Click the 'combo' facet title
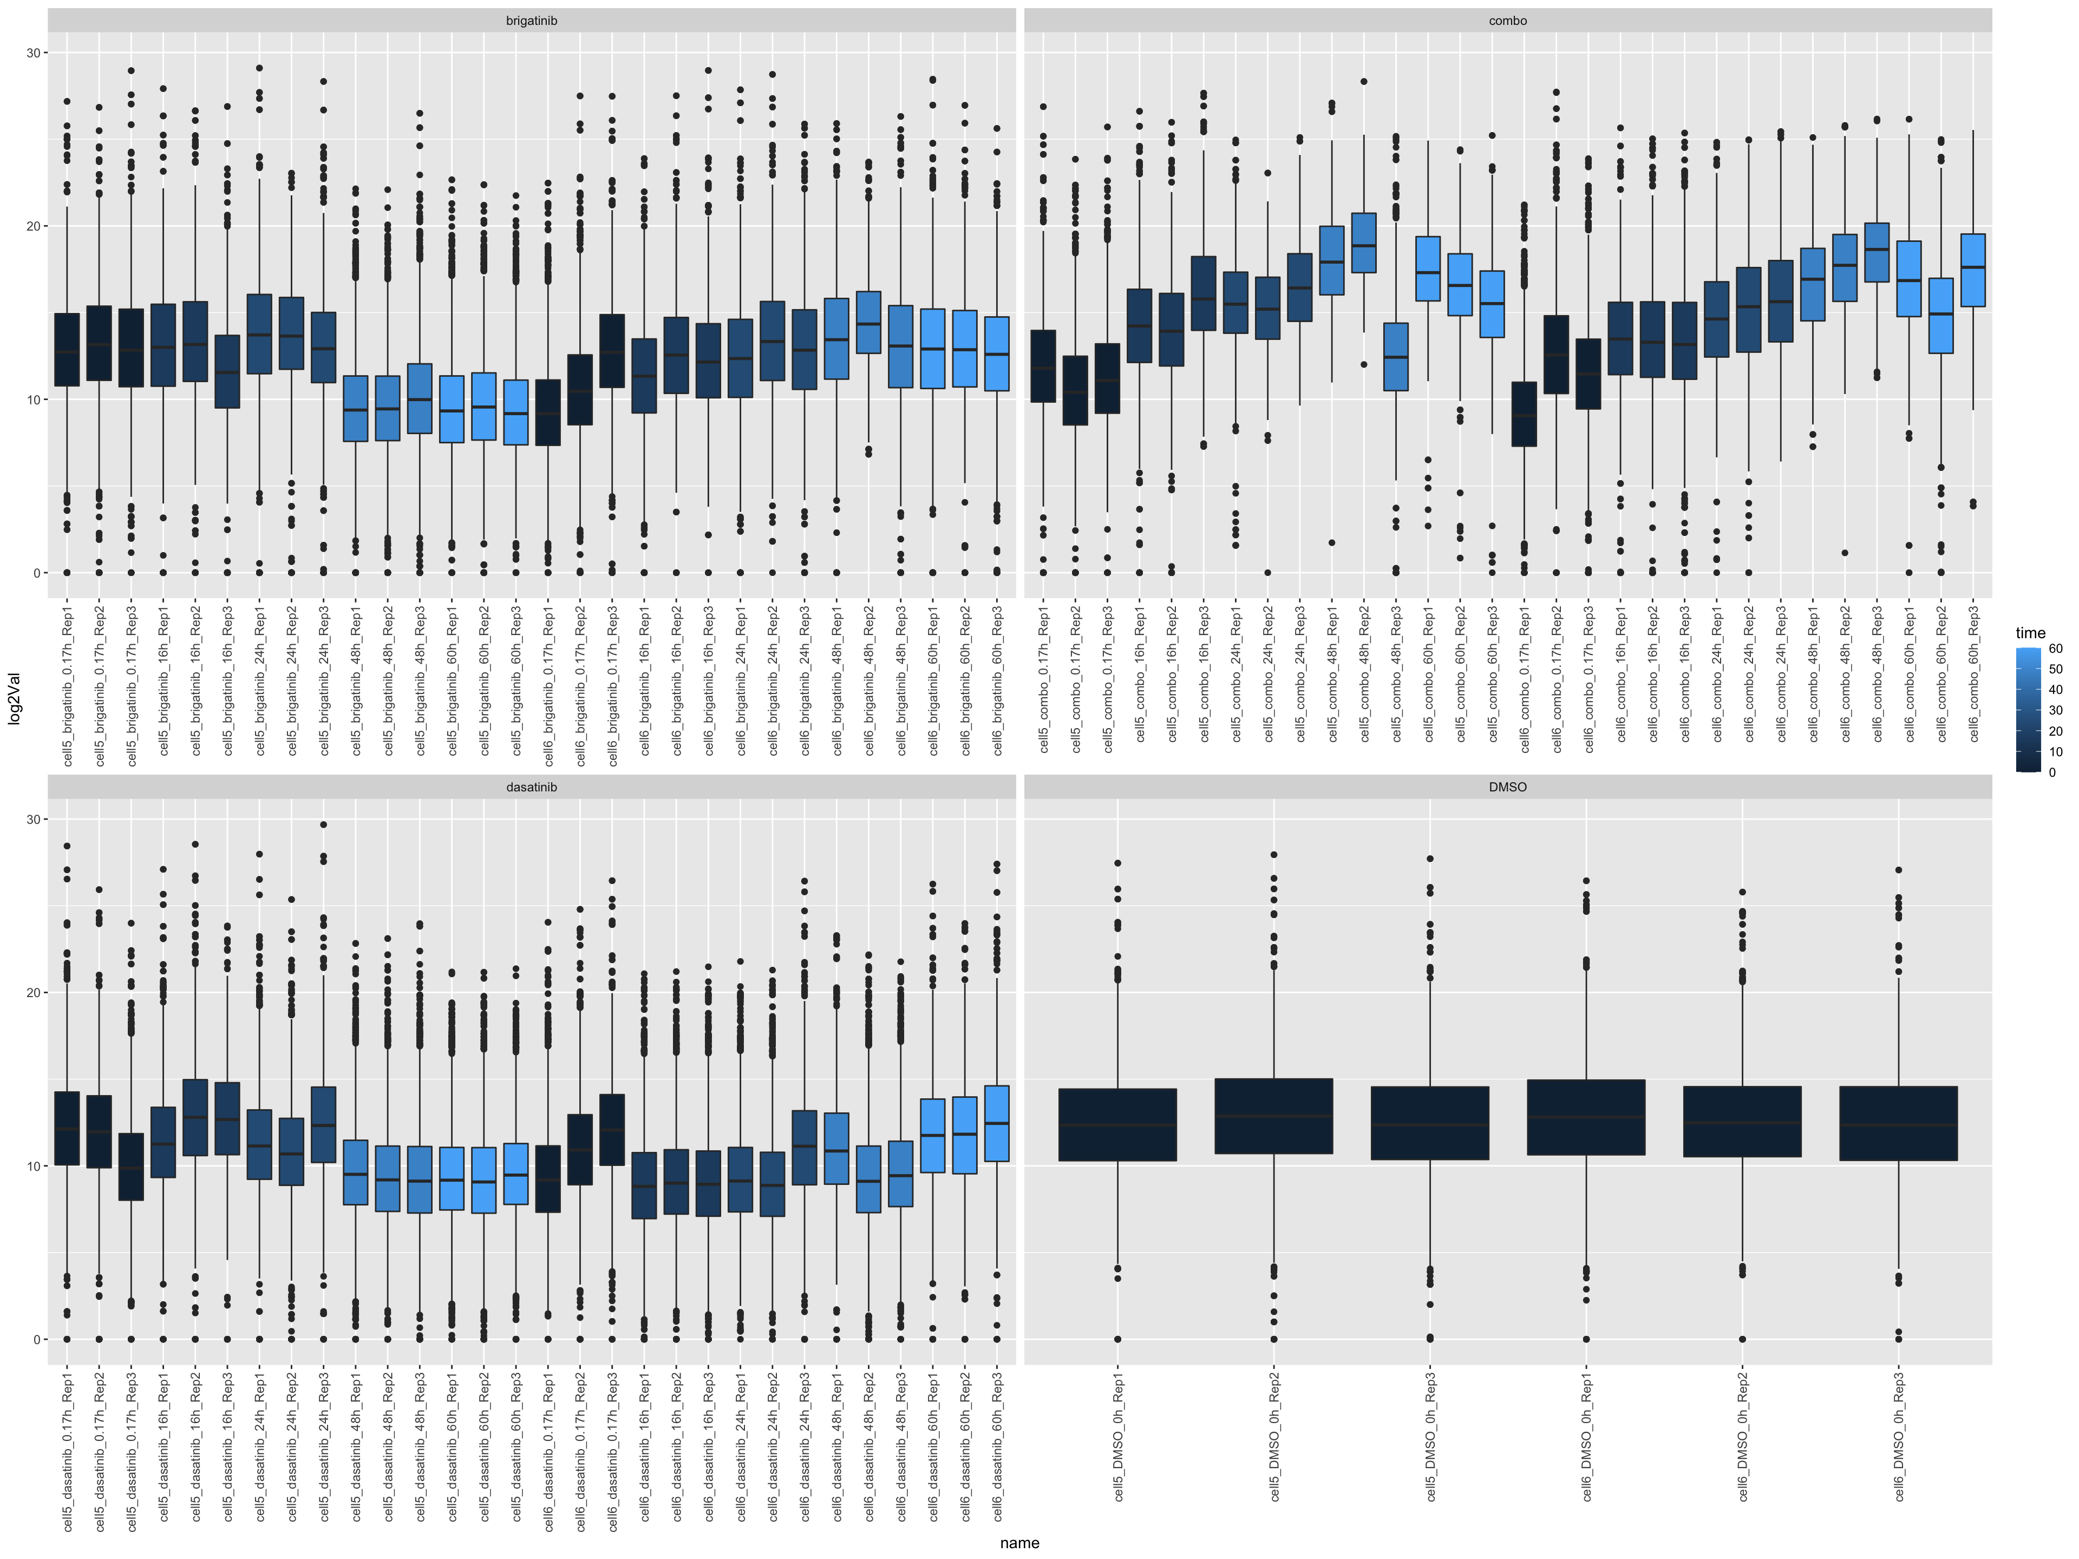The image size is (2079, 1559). click(x=1508, y=21)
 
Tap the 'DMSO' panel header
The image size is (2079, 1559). click(x=1508, y=788)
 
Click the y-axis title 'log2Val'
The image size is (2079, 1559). click(x=14, y=698)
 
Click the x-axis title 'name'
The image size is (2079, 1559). click(x=1020, y=1543)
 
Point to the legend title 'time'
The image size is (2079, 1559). click(x=2030, y=633)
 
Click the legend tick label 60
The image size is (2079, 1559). click(x=2056, y=649)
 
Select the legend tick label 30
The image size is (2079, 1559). click(x=2056, y=710)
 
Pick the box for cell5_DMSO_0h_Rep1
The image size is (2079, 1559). click(x=1117, y=1125)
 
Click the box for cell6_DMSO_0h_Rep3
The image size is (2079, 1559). click(x=1899, y=1124)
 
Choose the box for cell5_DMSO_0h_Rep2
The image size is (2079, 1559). click(x=1273, y=1116)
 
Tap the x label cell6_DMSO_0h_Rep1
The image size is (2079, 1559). click(x=1586, y=1438)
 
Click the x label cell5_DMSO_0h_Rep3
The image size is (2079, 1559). click(x=1430, y=1438)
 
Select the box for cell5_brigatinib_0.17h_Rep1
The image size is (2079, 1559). click(x=67, y=350)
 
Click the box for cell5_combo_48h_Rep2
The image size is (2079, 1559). click(x=1364, y=243)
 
